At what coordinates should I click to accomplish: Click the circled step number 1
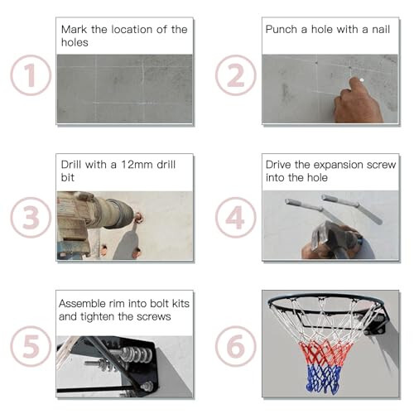point(30,77)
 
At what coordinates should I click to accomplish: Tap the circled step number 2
point(235,75)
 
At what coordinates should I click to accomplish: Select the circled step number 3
point(30,217)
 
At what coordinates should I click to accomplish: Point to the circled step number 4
point(235,217)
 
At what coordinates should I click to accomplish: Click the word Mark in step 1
point(75,30)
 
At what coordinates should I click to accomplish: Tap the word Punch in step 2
point(282,29)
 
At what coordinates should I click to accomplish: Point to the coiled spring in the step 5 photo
point(132,355)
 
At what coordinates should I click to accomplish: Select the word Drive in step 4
point(280,164)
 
